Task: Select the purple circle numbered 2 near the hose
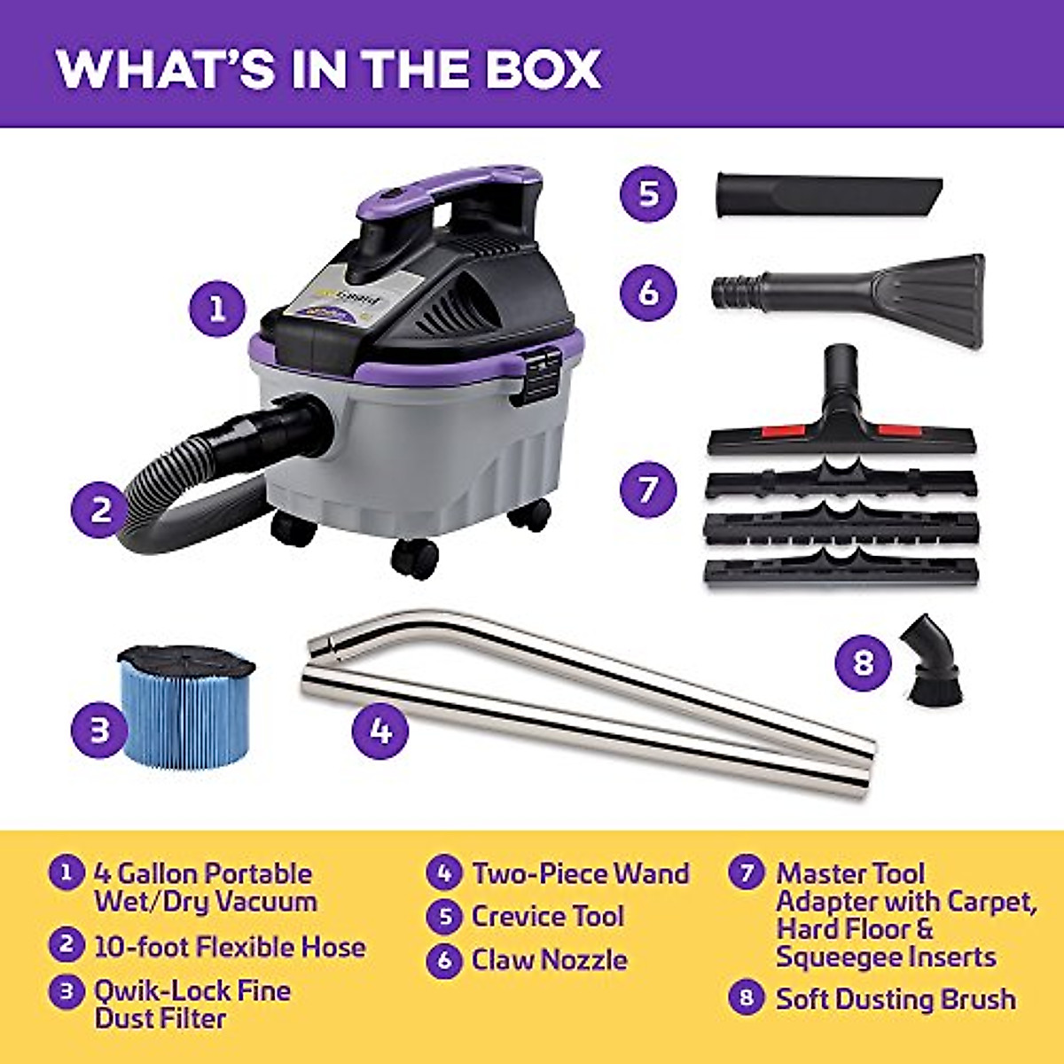click(x=102, y=509)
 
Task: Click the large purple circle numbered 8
click(x=864, y=661)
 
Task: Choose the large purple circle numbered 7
click(x=649, y=489)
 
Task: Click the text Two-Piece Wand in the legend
click(x=580, y=873)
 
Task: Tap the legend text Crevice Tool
click(x=547, y=917)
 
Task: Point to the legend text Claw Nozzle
click(x=549, y=960)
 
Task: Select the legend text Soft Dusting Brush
click(x=896, y=999)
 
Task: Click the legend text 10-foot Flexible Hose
click(x=230, y=947)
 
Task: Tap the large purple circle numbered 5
click(x=649, y=193)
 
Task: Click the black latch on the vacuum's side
click(x=542, y=372)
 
